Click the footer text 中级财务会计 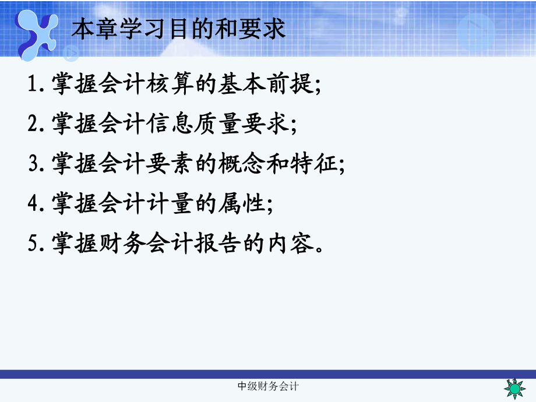pyautogui.click(x=269, y=387)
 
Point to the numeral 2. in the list pyautogui.click(x=37, y=124)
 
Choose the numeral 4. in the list pyautogui.click(x=37, y=203)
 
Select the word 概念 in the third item pyautogui.click(x=243, y=163)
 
